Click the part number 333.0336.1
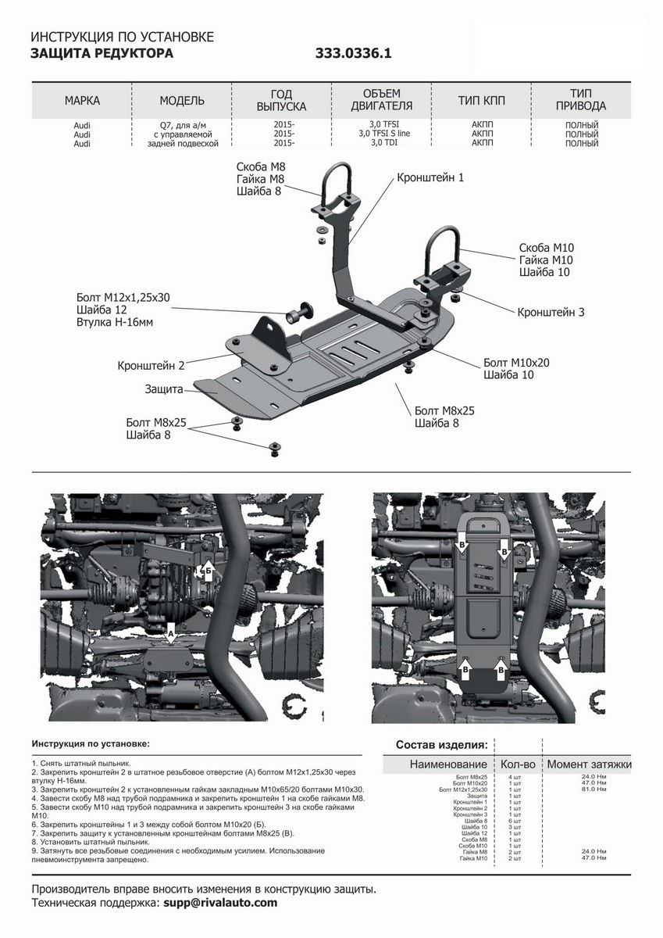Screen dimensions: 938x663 click(x=353, y=54)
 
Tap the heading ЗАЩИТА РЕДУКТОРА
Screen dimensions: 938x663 click(x=102, y=54)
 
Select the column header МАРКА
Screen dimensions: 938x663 click(x=82, y=101)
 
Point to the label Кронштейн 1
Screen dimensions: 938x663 click(x=430, y=178)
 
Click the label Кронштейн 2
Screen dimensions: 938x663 click(x=151, y=366)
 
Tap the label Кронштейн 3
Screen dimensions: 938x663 click(x=551, y=312)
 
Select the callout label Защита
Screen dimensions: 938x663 click(x=164, y=388)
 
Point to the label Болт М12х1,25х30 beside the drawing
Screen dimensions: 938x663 click(x=123, y=298)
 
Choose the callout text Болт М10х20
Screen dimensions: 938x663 click(x=516, y=363)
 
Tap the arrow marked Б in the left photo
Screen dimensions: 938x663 click(x=208, y=570)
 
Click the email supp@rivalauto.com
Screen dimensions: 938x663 click(x=220, y=903)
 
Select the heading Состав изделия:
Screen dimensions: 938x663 click(x=441, y=744)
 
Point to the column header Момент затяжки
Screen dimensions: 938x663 click(x=589, y=764)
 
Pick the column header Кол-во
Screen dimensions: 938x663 click(x=516, y=764)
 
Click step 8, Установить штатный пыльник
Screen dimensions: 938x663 click(x=91, y=843)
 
